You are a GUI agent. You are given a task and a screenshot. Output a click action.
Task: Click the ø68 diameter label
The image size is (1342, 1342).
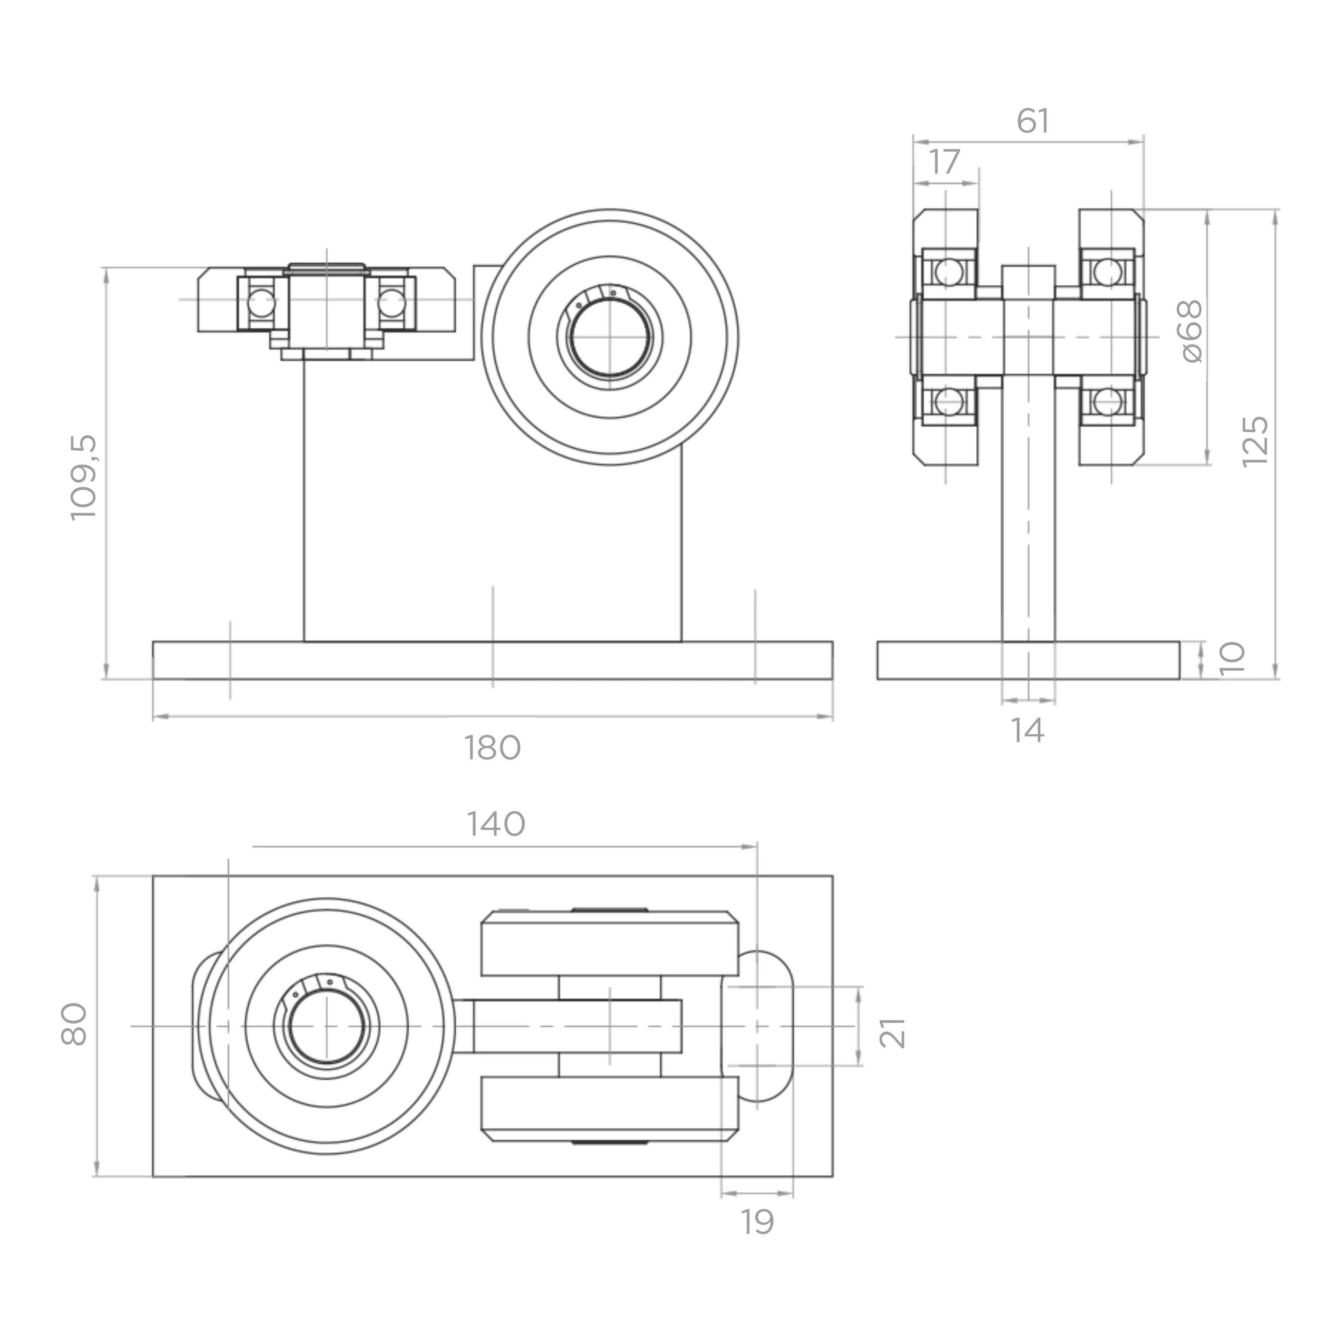pyautogui.click(x=1191, y=331)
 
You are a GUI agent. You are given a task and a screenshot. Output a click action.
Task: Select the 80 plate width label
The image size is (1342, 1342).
pyautogui.click(x=74, y=1025)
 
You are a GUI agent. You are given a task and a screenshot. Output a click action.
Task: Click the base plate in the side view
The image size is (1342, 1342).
pyautogui.click(x=1028, y=660)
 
